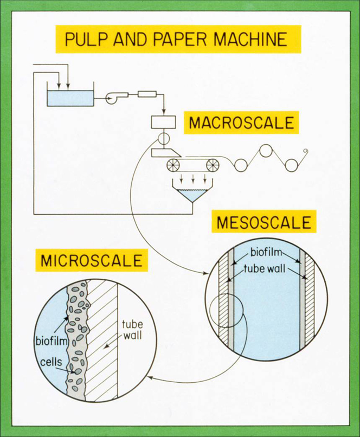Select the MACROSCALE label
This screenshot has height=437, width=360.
(241, 123)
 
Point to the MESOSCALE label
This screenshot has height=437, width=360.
(264, 223)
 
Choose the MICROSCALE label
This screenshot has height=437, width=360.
(92, 261)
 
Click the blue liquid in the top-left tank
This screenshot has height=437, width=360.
(70, 98)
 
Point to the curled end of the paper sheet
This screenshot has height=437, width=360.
(305, 152)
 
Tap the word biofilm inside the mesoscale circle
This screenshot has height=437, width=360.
(265, 253)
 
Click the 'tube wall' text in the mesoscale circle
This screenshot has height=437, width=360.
(265, 268)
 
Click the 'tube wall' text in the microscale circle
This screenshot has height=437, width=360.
(132, 330)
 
